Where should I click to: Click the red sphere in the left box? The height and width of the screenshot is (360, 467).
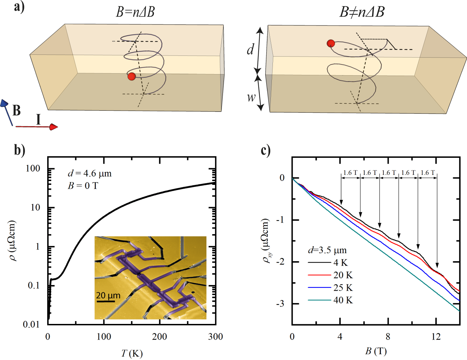click(131, 76)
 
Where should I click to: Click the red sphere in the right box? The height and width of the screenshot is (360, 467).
click(331, 43)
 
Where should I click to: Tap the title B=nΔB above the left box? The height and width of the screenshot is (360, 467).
click(135, 12)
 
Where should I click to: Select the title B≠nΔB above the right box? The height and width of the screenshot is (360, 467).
click(362, 12)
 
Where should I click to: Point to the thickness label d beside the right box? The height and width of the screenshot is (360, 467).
click(250, 50)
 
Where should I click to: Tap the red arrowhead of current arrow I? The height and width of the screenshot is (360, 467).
click(53, 127)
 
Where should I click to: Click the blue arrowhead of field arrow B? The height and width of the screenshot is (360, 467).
click(4, 103)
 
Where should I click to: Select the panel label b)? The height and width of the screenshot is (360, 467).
click(19, 150)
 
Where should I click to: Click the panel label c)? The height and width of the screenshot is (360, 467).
click(266, 150)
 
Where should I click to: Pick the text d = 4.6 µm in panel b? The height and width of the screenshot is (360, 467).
click(90, 173)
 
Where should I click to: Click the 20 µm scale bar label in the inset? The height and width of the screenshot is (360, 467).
click(108, 295)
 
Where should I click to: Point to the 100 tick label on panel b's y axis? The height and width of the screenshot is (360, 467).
click(33, 169)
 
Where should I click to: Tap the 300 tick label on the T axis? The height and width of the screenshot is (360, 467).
click(215, 336)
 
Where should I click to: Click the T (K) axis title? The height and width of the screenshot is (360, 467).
click(132, 353)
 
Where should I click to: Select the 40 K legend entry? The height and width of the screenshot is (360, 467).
click(343, 300)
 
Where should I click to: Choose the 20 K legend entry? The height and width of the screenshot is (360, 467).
click(343, 275)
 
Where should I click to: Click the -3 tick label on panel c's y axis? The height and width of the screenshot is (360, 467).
click(280, 304)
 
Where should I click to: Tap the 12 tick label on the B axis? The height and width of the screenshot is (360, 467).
click(436, 336)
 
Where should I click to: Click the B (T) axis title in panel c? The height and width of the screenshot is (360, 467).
click(376, 351)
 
